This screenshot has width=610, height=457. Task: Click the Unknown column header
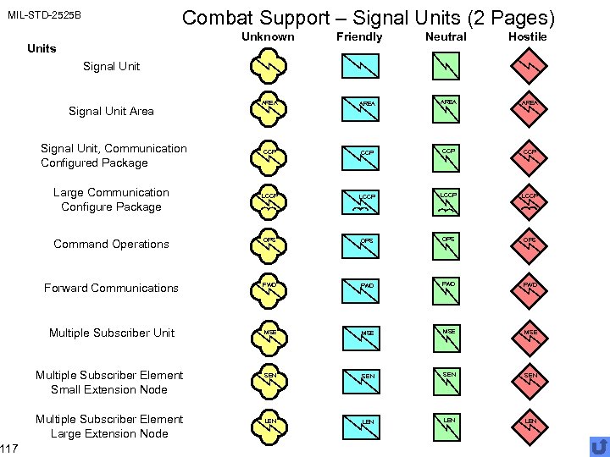tap(268, 36)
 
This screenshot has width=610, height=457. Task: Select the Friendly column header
tap(359, 36)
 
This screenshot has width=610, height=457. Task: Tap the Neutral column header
tap(446, 36)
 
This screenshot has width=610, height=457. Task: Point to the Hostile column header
tap(527, 36)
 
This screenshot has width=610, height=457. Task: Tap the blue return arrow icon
tap(599, 446)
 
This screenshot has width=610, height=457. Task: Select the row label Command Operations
tap(111, 244)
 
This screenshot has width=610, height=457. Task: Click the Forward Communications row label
tap(111, 288)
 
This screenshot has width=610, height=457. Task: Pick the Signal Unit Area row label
tap(111, 110)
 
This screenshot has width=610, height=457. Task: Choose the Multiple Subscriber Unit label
tap(111, 333)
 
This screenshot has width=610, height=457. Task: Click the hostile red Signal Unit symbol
tap(528, 65)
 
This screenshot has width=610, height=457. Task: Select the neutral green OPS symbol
tap(446, 244)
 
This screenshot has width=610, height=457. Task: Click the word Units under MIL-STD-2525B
tap(42, 48)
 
